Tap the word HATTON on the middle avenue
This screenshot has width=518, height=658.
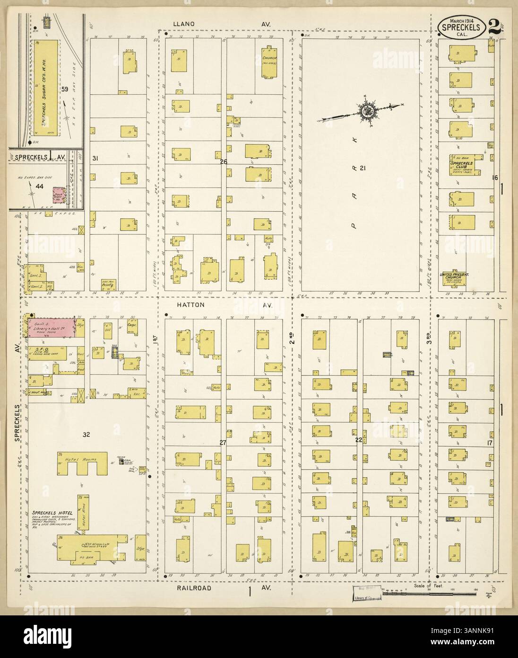[192, 305]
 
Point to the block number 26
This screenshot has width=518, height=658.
[224, 162]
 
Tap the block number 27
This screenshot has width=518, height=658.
[223, 443]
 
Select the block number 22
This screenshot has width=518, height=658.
[359, 440]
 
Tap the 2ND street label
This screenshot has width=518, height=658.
[292, 338]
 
